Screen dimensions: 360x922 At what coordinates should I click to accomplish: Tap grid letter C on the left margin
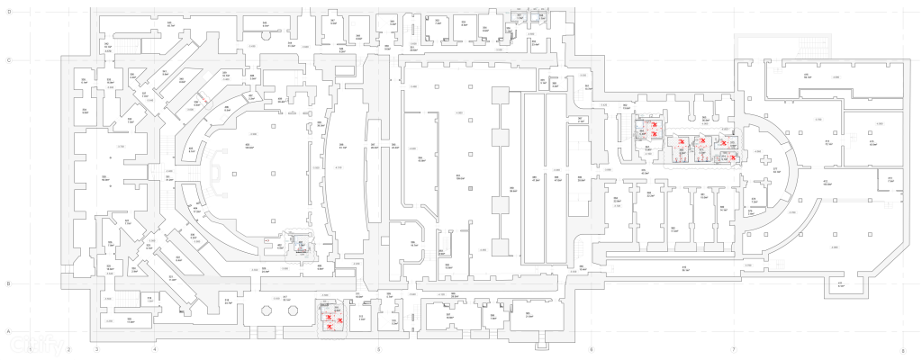(8, 61)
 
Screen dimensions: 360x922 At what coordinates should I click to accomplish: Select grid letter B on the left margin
(8, 284)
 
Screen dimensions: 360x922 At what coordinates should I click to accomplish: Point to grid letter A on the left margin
(8, 332)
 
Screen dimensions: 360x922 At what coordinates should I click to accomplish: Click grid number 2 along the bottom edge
(68, 349)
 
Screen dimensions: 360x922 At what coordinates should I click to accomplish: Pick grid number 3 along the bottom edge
(96, 349)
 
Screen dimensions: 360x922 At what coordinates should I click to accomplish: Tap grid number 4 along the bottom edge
(155, 349)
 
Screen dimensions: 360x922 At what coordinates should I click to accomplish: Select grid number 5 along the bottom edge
(378, 349)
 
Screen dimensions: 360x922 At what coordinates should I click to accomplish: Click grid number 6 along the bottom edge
(591, 349)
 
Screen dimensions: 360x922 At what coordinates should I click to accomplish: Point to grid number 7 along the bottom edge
(734, 349)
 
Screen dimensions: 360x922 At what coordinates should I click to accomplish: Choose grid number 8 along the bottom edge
(902, 349)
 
